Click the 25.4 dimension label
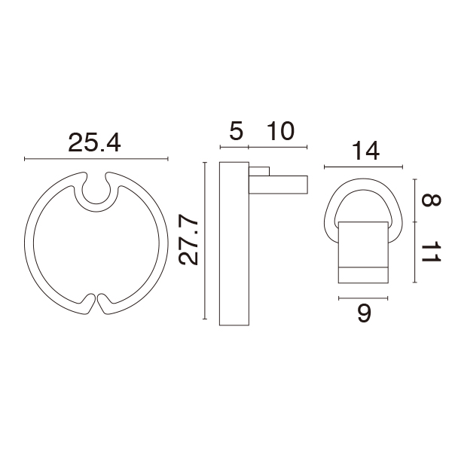(x=95, y=142)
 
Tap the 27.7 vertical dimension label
(x=188, y=240)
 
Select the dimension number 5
(x=236, y=131)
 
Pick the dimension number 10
(x=280, y=131)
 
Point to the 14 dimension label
(x=365, y=151)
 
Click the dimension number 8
(x=431, y=200)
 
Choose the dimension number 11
(x=431, y=252)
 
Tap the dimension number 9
(x=364, y=313)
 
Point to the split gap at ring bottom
(x=96, y=304)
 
